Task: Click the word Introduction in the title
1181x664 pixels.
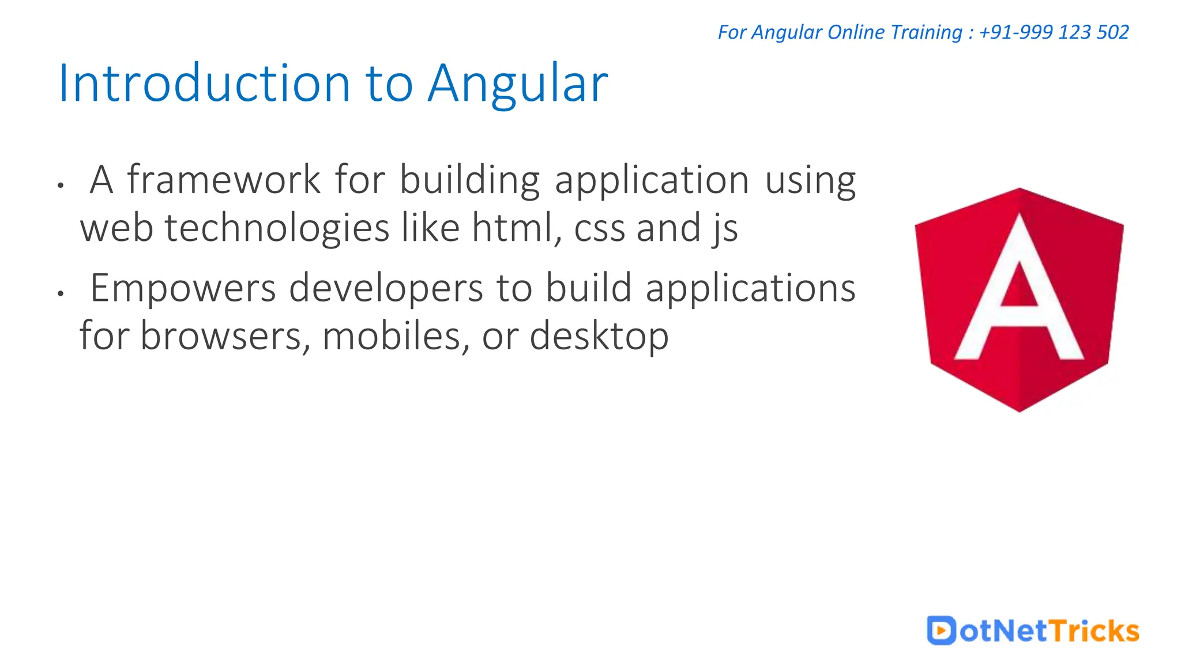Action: coord(205,84)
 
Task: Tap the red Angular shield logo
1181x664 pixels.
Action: coord(1019,300)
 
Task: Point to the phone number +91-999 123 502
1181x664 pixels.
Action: coord(1054,32)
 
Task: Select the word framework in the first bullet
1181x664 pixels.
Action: coord(224,180)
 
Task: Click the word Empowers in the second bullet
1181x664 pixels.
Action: coord(183,288)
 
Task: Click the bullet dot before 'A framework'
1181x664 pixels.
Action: coord(60,186)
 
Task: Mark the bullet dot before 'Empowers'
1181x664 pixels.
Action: coord(60,293)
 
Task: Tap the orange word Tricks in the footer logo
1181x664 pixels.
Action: coord(1094,631)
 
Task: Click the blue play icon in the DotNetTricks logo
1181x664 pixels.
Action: coord(941,630)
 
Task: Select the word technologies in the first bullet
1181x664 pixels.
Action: coord(277,228)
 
